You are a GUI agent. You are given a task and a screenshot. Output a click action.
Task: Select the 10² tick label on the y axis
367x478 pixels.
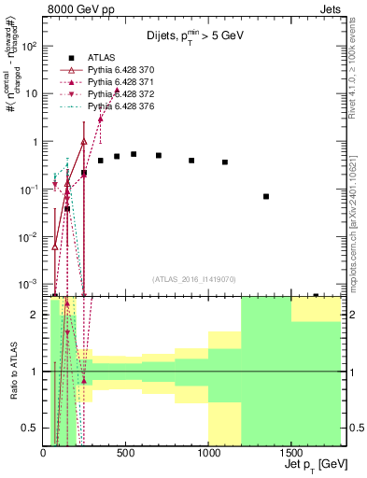tap(28, 46)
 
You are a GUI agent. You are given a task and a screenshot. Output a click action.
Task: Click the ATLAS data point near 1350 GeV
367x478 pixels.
tap(266, 196)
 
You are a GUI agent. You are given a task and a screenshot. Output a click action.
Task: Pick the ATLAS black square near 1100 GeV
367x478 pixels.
tap(225, 162)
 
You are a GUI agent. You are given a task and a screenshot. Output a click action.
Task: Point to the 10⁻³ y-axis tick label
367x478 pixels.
tap(28, 284)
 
